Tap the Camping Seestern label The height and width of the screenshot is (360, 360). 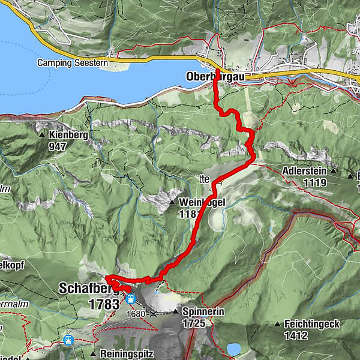click(x=73, y=63)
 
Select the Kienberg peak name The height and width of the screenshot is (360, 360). click(x=69, y=135)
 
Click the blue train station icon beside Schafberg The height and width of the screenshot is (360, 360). click(x=130, y=298)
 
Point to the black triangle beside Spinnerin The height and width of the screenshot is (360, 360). click(x=175, y=312)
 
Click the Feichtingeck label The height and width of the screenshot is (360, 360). click(x=313, y=324)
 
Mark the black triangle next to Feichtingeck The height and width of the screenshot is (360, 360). click(x=277, y=325)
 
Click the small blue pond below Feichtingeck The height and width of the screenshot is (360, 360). click(x=234, y=349)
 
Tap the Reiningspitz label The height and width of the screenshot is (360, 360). click(x=127, y=353)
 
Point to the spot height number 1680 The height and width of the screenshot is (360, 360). click(x=136, y=313)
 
